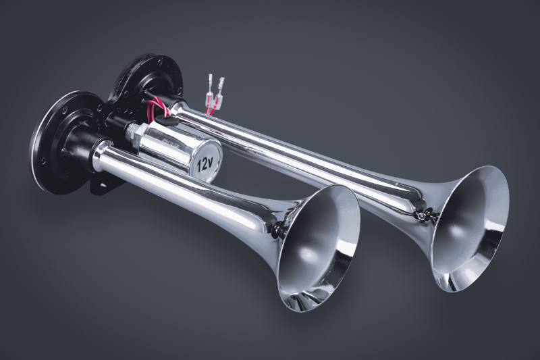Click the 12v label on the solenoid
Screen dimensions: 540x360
[x=205, y=164]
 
